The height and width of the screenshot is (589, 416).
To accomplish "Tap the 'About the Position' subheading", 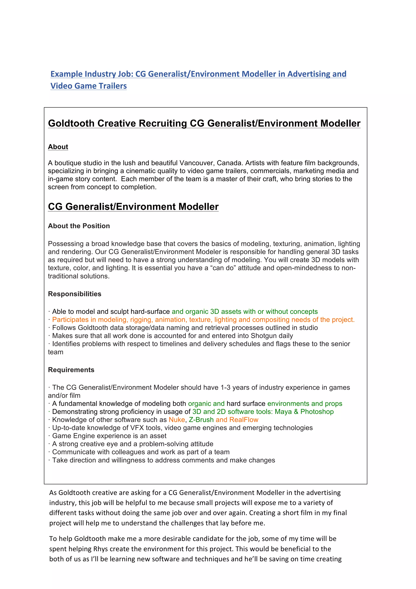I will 79,226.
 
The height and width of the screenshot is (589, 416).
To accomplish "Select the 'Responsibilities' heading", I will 75,294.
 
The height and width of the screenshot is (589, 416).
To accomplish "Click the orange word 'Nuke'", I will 177,420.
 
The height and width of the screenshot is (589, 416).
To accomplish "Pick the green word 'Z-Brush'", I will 201,420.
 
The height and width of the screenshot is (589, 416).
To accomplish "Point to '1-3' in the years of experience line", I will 225,387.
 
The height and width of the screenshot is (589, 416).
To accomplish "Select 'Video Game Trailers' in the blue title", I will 89,86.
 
